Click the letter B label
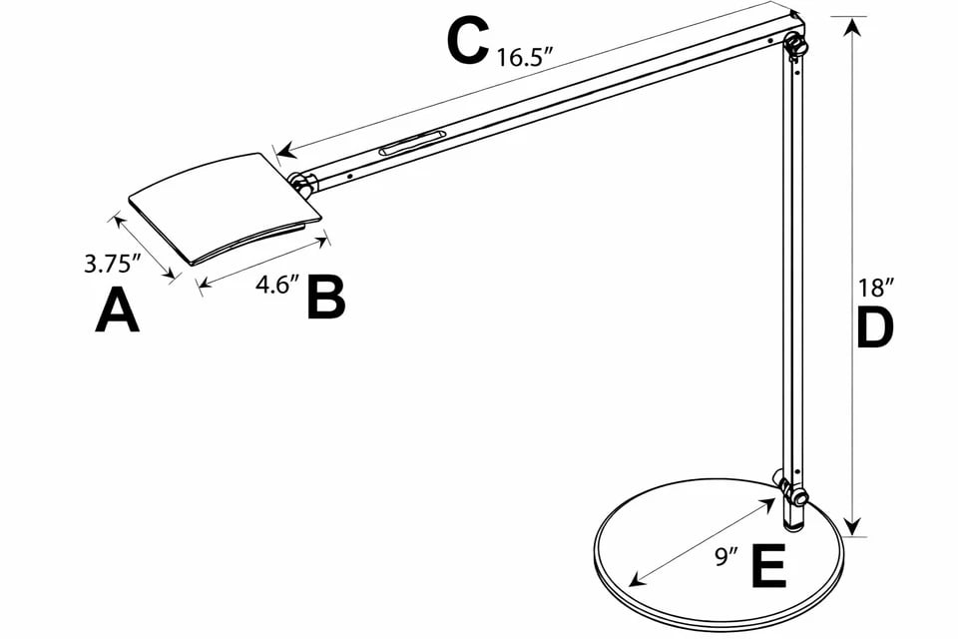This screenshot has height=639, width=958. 325,297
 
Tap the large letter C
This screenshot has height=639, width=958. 467,43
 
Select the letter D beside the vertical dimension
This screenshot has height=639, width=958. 873,328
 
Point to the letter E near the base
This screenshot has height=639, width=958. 768,567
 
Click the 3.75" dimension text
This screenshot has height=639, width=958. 112,265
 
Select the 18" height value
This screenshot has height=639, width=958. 874,289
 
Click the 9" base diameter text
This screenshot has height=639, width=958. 725,555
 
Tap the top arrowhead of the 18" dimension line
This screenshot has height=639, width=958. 851,25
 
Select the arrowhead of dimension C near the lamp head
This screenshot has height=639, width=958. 284,153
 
